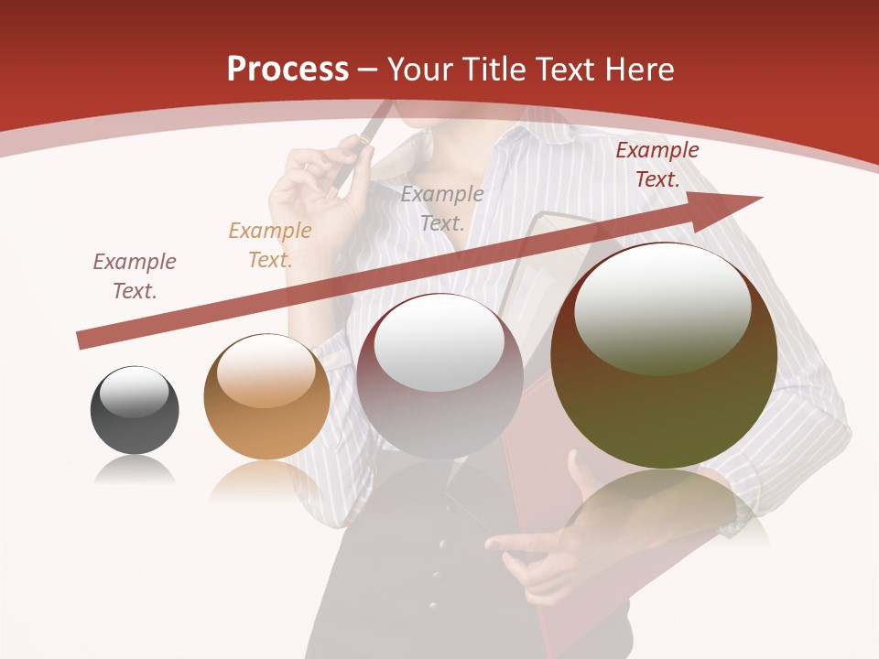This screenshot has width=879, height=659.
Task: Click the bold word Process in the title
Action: click(288, 69)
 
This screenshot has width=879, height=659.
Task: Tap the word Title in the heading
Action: click(494, 69)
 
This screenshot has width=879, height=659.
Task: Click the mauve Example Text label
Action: click(135, 275)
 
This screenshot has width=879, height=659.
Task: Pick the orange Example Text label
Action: click(269, 244)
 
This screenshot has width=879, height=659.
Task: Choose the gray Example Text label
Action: click(441, 208)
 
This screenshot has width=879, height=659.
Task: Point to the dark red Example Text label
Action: click(657, 165)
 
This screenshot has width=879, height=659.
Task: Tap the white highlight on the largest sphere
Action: click(662, 307)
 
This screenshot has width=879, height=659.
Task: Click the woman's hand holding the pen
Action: click(316, 197)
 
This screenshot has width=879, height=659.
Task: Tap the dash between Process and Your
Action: click(368, 70)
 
